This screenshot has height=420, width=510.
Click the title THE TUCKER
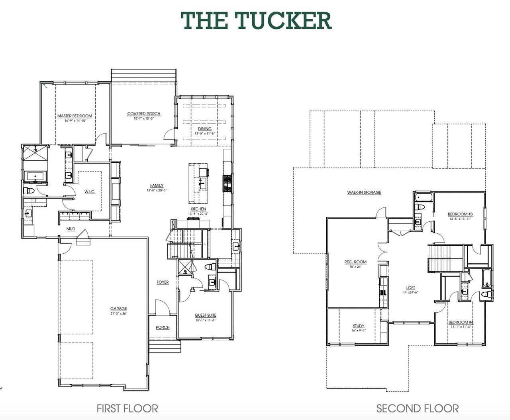click(256, 21)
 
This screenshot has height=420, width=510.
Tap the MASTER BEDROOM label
click(75, 116)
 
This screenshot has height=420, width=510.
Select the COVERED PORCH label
click(144, 114)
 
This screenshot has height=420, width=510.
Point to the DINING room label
click(205, 129)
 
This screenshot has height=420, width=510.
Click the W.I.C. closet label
click(90, 192)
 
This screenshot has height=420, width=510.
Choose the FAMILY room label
click(157, 185)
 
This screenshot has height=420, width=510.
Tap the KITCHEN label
click(198, 209)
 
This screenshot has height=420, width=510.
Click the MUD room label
click(71, 229)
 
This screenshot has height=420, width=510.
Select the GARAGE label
click(119, 309)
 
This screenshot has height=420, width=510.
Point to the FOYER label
click(163, 282)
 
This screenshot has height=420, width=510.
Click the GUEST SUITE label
click(205, 315)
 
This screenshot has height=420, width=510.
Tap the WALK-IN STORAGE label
click(364, 193)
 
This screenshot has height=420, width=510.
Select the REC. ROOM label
click(355, 262)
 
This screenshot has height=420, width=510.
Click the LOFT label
click(410, 288)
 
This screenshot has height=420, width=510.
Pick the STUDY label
click(359, 326)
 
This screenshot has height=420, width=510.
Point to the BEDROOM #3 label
click(460, 214)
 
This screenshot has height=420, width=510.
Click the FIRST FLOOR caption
click(127, 408)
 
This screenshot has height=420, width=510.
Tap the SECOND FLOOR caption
click(417, 408)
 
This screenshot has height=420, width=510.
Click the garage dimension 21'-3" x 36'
click(119, 314)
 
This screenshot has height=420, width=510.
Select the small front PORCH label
click(163, 327)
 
